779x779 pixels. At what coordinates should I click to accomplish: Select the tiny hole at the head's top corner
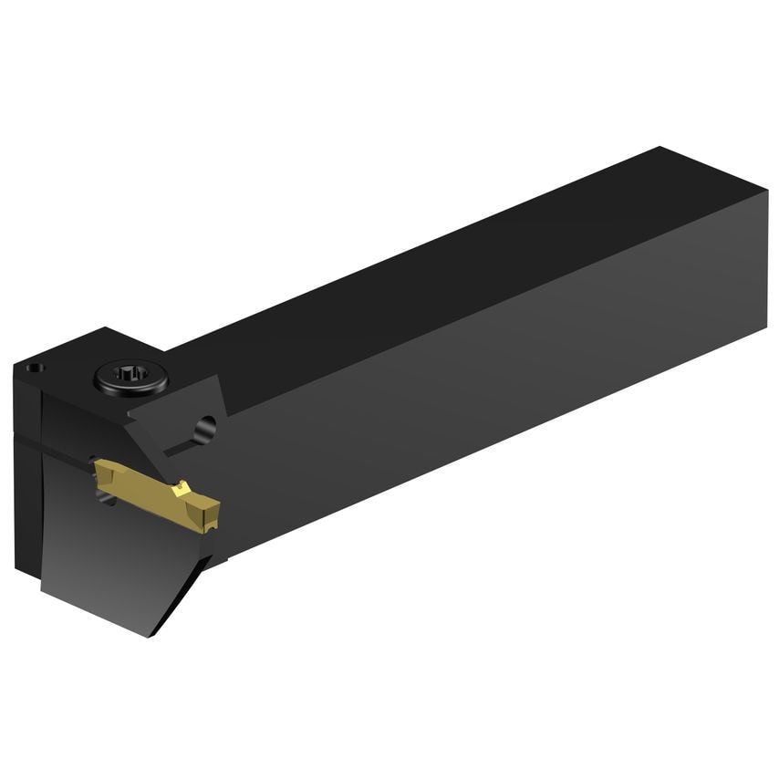[x=34, y=369]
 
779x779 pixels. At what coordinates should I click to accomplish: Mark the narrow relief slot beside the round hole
[x=180, y=446]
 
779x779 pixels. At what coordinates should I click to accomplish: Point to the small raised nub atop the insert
[x=183, y=487]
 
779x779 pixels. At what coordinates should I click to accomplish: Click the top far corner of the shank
[x=659, y=147]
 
